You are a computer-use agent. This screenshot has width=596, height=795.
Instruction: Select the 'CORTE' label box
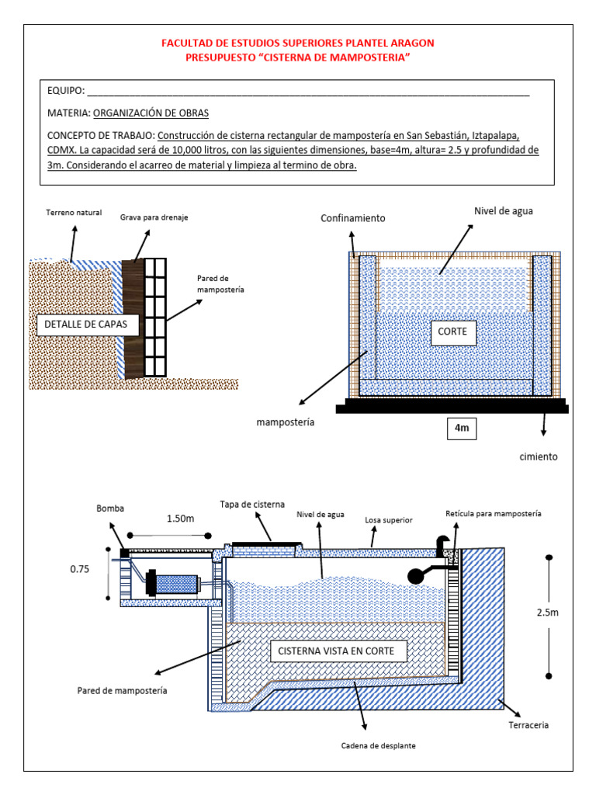coord(452,331)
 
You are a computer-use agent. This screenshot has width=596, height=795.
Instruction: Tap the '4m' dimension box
coord(462,427)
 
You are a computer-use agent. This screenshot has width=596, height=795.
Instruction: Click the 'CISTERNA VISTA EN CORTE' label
coord(338,651)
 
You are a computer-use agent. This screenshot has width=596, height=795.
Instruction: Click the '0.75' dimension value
coord(80,568)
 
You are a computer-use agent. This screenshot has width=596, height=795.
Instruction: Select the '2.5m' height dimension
coord(547,612)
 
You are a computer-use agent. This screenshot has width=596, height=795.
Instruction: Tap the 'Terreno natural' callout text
coord(78,213)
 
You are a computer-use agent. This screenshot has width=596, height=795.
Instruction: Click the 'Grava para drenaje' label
coord(154,217)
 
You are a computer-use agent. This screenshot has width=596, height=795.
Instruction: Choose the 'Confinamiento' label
coord(353,218)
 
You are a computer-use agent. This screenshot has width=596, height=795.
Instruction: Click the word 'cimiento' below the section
coord(539,457)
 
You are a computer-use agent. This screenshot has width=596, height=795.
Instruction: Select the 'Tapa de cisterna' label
coord(252,503)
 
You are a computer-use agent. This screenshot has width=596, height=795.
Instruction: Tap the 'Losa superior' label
coord(388,519)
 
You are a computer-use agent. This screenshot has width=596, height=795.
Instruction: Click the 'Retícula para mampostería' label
coord(494,514)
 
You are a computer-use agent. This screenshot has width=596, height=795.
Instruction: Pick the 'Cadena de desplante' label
coord(378,745)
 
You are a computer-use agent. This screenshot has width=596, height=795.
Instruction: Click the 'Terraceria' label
coord(530,724)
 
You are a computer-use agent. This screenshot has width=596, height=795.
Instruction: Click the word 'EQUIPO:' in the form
coord(66,91)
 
